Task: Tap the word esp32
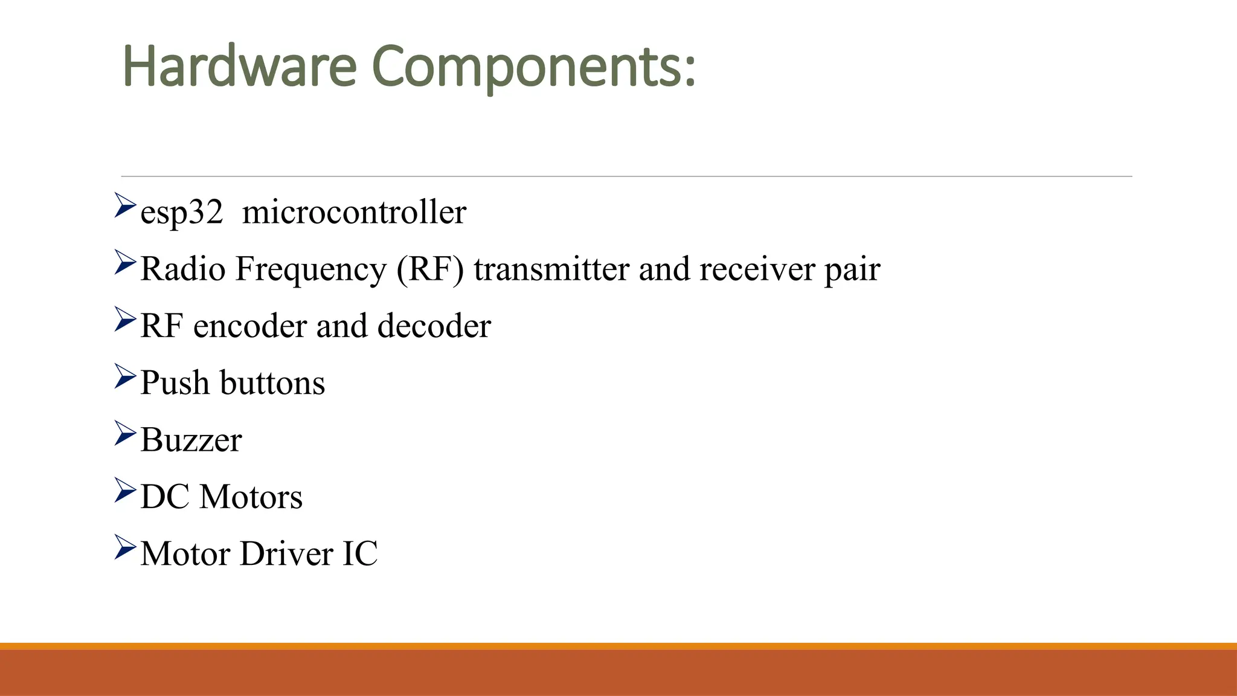[181, 213]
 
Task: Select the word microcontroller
[354, 212]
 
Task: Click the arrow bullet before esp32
[125, 205]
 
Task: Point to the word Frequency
[310, 270]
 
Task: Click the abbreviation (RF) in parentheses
[430, 269]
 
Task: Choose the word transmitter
[551, 269]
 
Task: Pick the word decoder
[434, 326]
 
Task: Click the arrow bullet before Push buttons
[125, 376]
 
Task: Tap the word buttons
[272, 383]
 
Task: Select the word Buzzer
[191, 440]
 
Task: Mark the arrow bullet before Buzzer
[125, 433]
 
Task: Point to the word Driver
[286, 553]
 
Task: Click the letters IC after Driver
[360, 553]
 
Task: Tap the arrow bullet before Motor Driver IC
[125, 547]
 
